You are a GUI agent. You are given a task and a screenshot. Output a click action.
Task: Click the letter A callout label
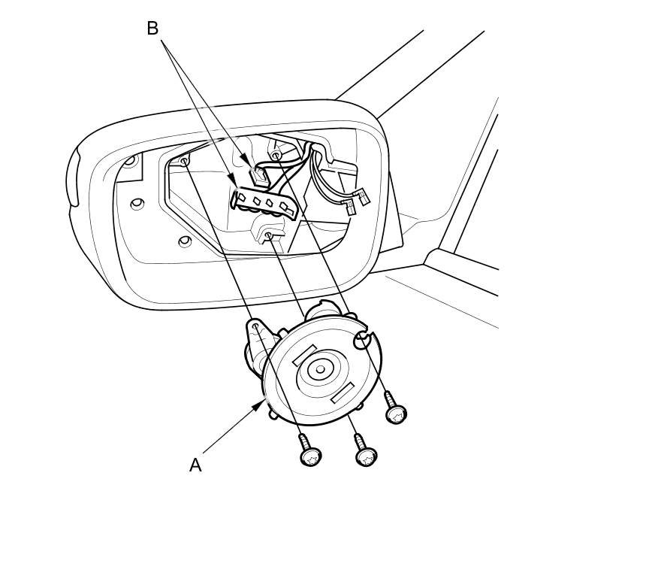(x=195, y=465)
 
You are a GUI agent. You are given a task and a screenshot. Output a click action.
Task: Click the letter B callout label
(x=152, y=29)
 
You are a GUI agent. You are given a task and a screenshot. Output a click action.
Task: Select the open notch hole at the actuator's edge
(x=361, y=342)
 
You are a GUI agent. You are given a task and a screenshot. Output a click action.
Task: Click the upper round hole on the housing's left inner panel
(x=137, y=204)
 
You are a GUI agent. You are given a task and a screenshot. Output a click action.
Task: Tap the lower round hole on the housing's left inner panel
(x=183, y=241)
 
